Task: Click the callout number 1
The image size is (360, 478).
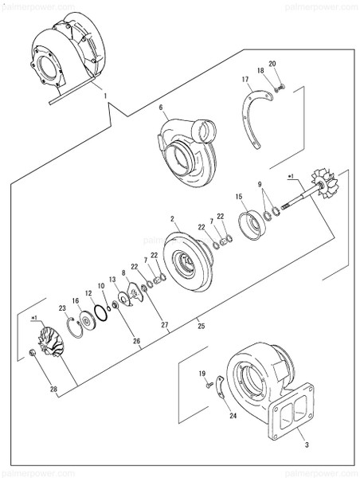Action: (105, 96)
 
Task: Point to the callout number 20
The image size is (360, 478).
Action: (272, 64)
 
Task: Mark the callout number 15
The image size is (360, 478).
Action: (240, 196)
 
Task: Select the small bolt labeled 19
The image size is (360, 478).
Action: (209, 386)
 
